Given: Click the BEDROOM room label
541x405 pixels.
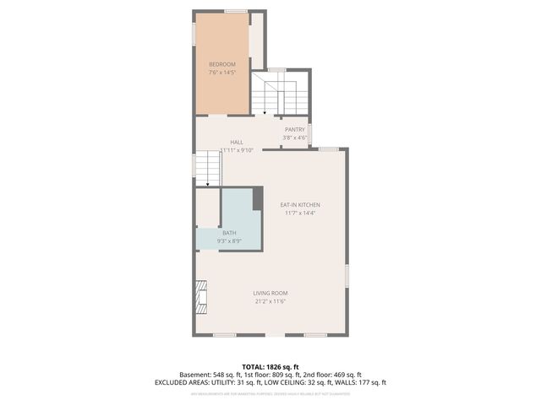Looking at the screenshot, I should [x=222, y=64].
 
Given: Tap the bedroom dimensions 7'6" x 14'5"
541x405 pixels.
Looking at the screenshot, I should [x=222, y=73].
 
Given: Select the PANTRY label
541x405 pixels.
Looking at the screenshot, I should [x=294, y=129].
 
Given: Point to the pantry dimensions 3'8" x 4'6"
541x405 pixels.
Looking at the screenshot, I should [x=294, y=138].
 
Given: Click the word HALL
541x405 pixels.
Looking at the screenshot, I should [x=237, y=142].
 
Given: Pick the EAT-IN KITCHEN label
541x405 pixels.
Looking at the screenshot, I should [x=300, y=204].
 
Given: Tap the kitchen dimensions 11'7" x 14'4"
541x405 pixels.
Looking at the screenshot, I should [x=300, y=213].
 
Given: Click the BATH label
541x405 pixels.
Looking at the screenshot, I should [x=229, y=232].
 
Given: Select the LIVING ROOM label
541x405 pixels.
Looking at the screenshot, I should [x=270, y=293].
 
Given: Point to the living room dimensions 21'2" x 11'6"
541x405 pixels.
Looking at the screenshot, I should [x=270, y=302].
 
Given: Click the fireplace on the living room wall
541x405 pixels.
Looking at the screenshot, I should [x=200, y=296].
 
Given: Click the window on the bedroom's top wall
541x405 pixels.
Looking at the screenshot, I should [x=236, y=11].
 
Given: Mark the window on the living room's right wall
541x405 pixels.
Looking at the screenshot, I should [x=347, y=276].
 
